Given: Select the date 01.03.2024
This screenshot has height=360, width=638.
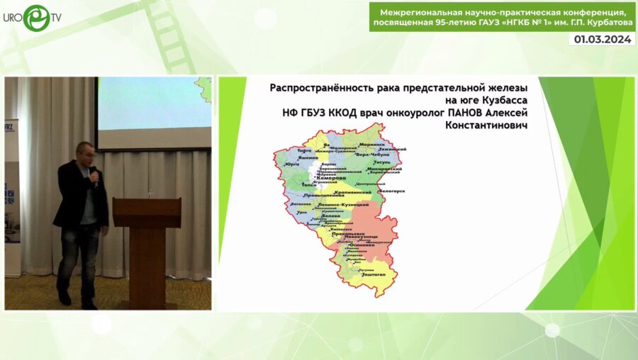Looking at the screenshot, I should click(x=603, y=40).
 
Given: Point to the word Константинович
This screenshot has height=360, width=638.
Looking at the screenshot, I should click(x=486, y=125).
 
